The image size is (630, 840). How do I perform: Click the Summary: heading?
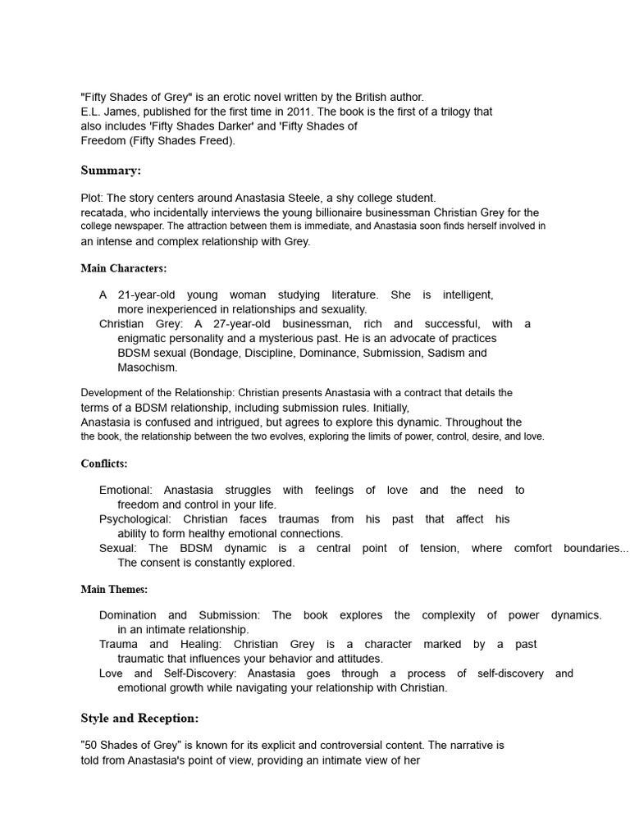tap(111, 171)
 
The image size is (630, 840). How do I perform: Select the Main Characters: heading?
tap(124, 268)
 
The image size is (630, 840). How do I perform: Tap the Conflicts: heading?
tap(104, 463)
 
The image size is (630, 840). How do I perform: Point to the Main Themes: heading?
tap(114, 589)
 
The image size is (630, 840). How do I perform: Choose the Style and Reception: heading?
tap(139, 719)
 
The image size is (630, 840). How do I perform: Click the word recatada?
tap(106, 212)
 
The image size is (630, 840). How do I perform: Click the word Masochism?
tap(148, 367)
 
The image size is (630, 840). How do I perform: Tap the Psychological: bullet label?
tap(135, 519)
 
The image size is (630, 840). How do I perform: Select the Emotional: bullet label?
tap(126, 490)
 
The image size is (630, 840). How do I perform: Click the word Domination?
tap(128, 615)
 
